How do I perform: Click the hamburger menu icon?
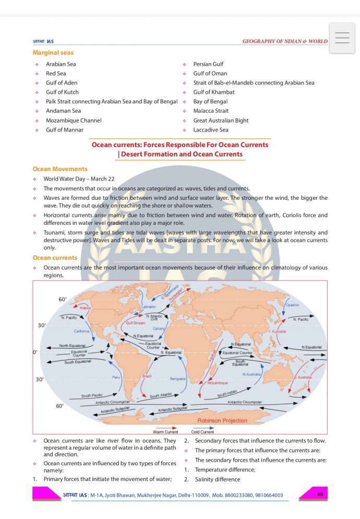click(x=342, y=38)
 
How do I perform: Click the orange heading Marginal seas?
click(x=53, y=53)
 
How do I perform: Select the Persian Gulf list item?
click(x=208, y=64)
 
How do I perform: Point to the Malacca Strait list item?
click(x=211, y=111)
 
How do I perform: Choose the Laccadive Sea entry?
click(x=211, y=130)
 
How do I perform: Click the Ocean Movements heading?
click(x=60, y=169)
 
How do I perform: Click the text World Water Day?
click(x=65, y=179)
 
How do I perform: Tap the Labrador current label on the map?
click(x=149, y=307)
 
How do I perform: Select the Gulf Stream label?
click(x=136, y=323)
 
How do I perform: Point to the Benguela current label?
click(x=178, y=379)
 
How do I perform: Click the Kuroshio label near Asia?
click(x=278, y=331)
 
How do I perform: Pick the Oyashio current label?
click(x=292, y=305)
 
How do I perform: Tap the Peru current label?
click(x=116, y=377)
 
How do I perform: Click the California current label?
click(x=81, y=331)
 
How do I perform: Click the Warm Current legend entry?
click(x=165, y=432)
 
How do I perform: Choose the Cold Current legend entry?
click(x=202, y=432)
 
